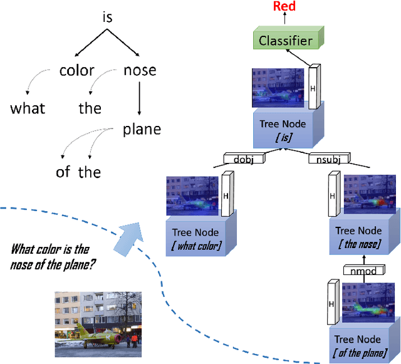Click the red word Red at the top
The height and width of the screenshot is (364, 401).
(284, 6)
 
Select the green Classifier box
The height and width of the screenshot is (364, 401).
(286, 41)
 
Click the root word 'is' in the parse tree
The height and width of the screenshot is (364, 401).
(108, 18)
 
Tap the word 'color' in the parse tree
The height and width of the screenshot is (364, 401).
(76, 70)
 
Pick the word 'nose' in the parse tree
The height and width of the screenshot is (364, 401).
(139, 70)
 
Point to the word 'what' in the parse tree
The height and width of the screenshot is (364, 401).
(28, 108)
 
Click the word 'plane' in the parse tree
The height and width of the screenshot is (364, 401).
(142, 129)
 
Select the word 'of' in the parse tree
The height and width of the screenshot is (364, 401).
(63, 172)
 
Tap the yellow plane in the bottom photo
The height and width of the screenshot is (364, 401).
(94, 335)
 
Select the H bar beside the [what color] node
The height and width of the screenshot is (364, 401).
(226, 195)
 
